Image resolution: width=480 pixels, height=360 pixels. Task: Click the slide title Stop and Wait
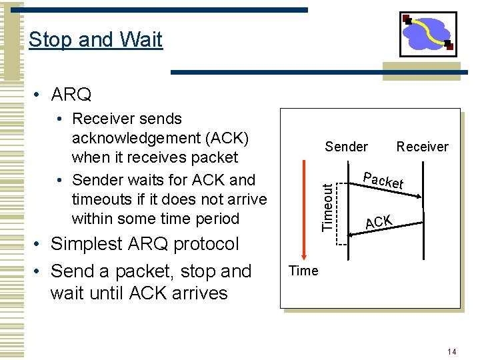point(95,39)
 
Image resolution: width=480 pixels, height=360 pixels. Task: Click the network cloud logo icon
point(428,34)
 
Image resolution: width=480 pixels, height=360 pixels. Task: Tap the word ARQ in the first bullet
point(71,95)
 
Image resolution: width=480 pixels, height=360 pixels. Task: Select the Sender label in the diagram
point(346,147)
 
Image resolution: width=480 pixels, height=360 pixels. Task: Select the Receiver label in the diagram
point(422,147)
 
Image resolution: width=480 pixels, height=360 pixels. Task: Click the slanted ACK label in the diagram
point(378,222)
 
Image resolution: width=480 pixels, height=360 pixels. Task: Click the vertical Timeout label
point(327,207)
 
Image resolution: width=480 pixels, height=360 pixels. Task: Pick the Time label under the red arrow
point(303,271)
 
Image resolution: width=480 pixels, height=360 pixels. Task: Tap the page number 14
point(452,351)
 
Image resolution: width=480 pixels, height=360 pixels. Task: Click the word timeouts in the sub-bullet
point(101,199)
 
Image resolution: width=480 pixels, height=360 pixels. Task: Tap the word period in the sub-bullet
point(215,219)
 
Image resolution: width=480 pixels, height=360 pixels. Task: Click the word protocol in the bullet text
point(207,244)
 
